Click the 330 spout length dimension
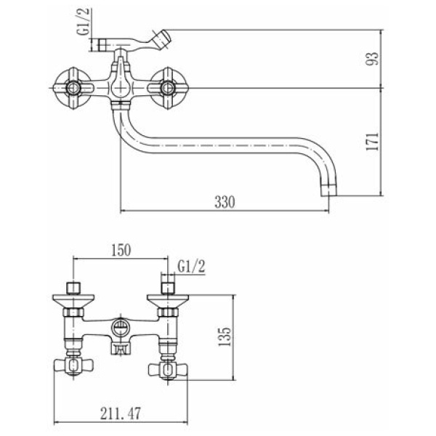click(x=225, y=202)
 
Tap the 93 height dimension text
click(x=373, y=59)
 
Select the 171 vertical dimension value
click(x=373, y=142)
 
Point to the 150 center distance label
click(x=121, y=250)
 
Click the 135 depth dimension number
click(x=225, y=336)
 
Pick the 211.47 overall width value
click(x=121, y=413)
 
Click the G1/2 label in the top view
click(x=84, y=22)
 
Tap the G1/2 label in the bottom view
click(x=191, y=267)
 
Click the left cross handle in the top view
click(x=73, y=88)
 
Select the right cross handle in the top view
click(x=168, y=88)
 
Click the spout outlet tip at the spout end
click(x=329, y=190)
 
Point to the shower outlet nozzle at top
click(x=161, y=40)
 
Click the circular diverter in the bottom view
click(x=121, y=327)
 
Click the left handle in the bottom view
click(x=73, y=366)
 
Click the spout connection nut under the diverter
click(x=121, y=105)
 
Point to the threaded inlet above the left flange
click(x=73, y=288)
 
